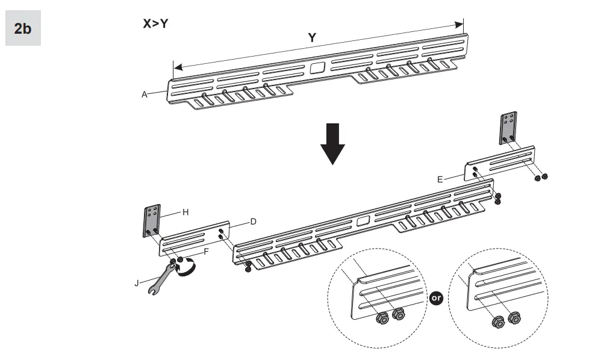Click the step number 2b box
click(x=23, y=28)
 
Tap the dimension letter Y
click(x=312, y=38)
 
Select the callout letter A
click(x=145, y=95)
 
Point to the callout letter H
click(x=186, y=212)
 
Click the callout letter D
click(x=254, y=222)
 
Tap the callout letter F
click(x=206, y=250)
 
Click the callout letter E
click(x=440, y=179)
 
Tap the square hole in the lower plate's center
click(x=363, y=221)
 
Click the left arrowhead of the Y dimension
click(x=175, y=66)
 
